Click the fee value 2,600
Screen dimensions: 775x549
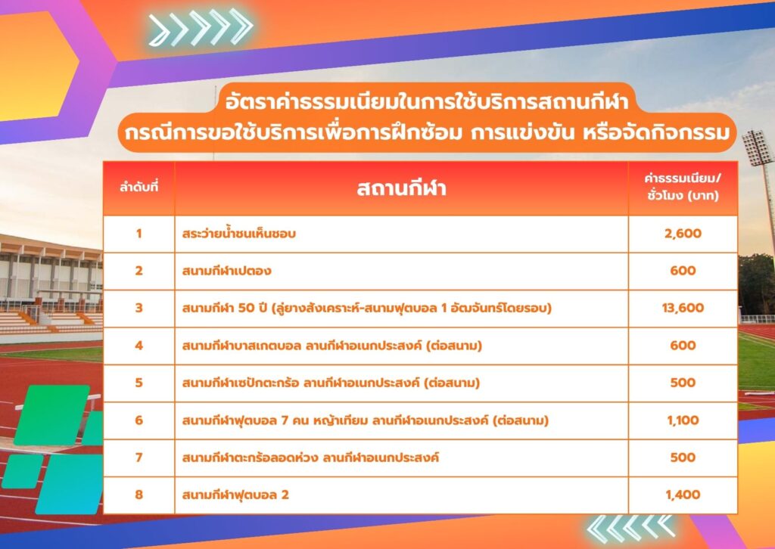click(x=683, y=234)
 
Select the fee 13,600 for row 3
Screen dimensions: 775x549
click(x=683, y=308)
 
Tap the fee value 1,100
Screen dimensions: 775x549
click(x=683, y=420)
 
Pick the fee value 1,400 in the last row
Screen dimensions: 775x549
click(x=683, y=495)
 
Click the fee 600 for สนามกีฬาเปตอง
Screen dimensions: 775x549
click(x=683, y=271)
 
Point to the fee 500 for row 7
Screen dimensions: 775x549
click(x=683, y=457)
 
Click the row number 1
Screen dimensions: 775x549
click(x=139, y=234)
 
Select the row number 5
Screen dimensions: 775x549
click(x=139, y=383)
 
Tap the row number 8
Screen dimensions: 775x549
click(x=139, y=495)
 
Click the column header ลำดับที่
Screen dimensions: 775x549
click(x=139, y=188)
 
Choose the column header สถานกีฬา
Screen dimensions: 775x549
click(x=401, y=188)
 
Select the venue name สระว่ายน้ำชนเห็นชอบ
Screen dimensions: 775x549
click(x=238, y=233)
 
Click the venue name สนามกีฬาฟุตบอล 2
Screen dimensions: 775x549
click(x=235, y=495)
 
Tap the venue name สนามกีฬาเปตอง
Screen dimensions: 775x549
click(x=226, y=271)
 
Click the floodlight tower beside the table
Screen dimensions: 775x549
click(x=758, y=148)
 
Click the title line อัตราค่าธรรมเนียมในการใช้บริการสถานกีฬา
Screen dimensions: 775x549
click(x=427, y=102)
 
